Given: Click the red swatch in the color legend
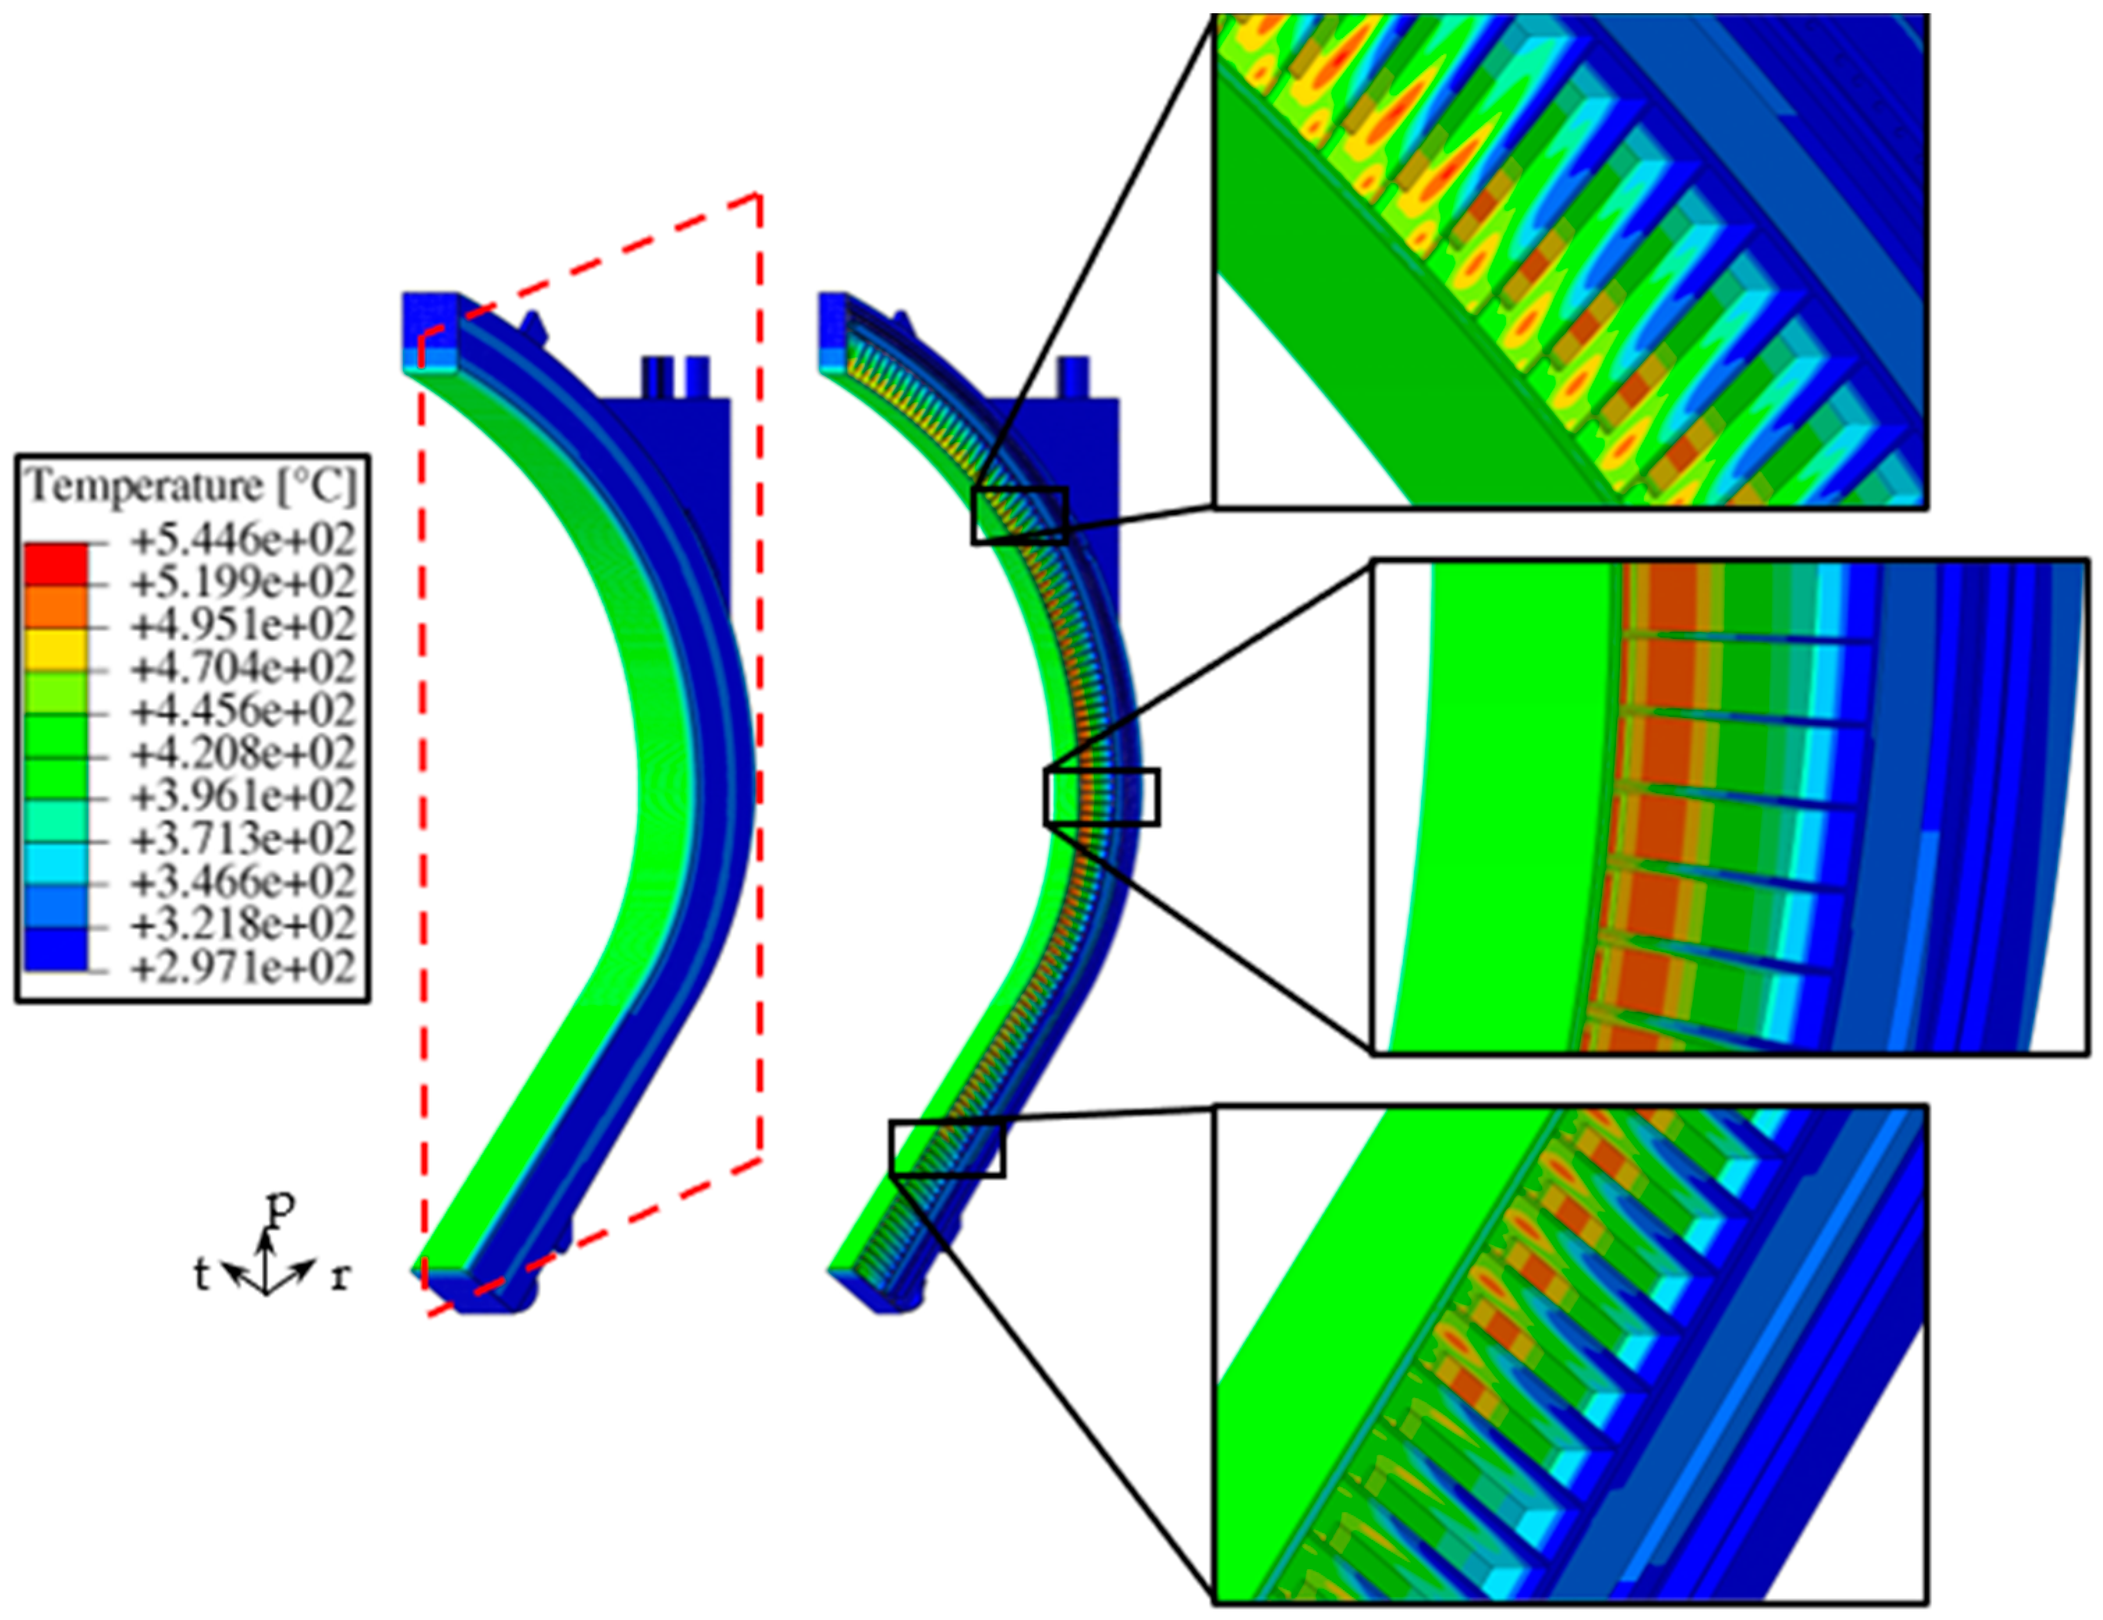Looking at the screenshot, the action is [56, 564].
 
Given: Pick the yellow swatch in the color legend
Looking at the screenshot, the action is [56, 650].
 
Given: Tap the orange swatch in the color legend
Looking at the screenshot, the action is [56, 607].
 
